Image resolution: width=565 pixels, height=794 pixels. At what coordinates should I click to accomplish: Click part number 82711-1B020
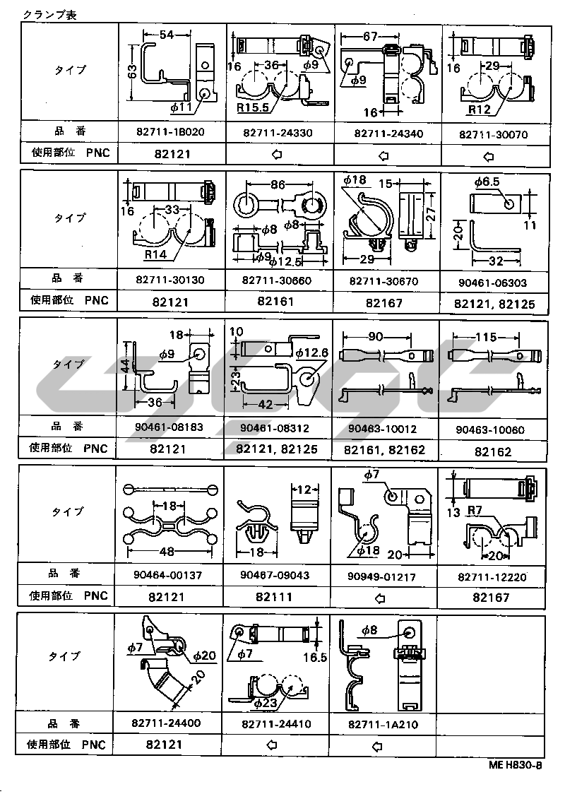pyautogui.click(x=169, y=132)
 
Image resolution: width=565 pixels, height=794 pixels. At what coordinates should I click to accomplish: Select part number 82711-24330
pyautogui.click(x=278, y=133)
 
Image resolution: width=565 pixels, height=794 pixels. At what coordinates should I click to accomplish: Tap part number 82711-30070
pyautogui.click(x=493, y=134)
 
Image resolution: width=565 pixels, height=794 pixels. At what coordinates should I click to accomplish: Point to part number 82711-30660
pyautogui.click(x=278, y=280)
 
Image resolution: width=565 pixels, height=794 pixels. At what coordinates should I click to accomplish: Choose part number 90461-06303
pyautogui.click(x=493, y=283)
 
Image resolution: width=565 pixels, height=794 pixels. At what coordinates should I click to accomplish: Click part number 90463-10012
pyautogui.click(x=385, y=429)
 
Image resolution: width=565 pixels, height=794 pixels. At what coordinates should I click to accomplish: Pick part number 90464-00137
pyautogui.click(x=168, y=576)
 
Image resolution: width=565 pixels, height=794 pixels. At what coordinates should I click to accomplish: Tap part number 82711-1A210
pyautogui.click(x=383, y=724)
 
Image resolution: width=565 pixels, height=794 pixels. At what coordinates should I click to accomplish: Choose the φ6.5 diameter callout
pyautogui.click(x=487, y=182)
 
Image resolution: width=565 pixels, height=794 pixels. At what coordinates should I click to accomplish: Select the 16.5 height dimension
pyautogui.click(x=314, y=657)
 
